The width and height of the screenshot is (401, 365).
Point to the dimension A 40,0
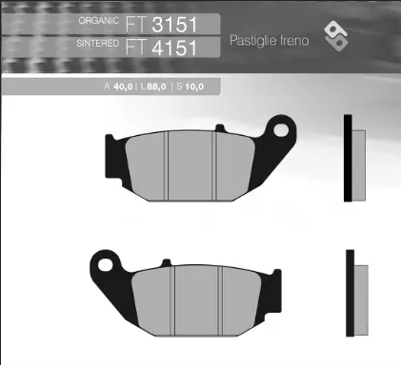(119, 86)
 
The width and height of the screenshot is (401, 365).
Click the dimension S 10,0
(200, 86)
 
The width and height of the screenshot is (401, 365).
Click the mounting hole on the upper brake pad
(279, 125)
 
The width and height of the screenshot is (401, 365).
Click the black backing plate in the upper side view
(348, 159)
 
